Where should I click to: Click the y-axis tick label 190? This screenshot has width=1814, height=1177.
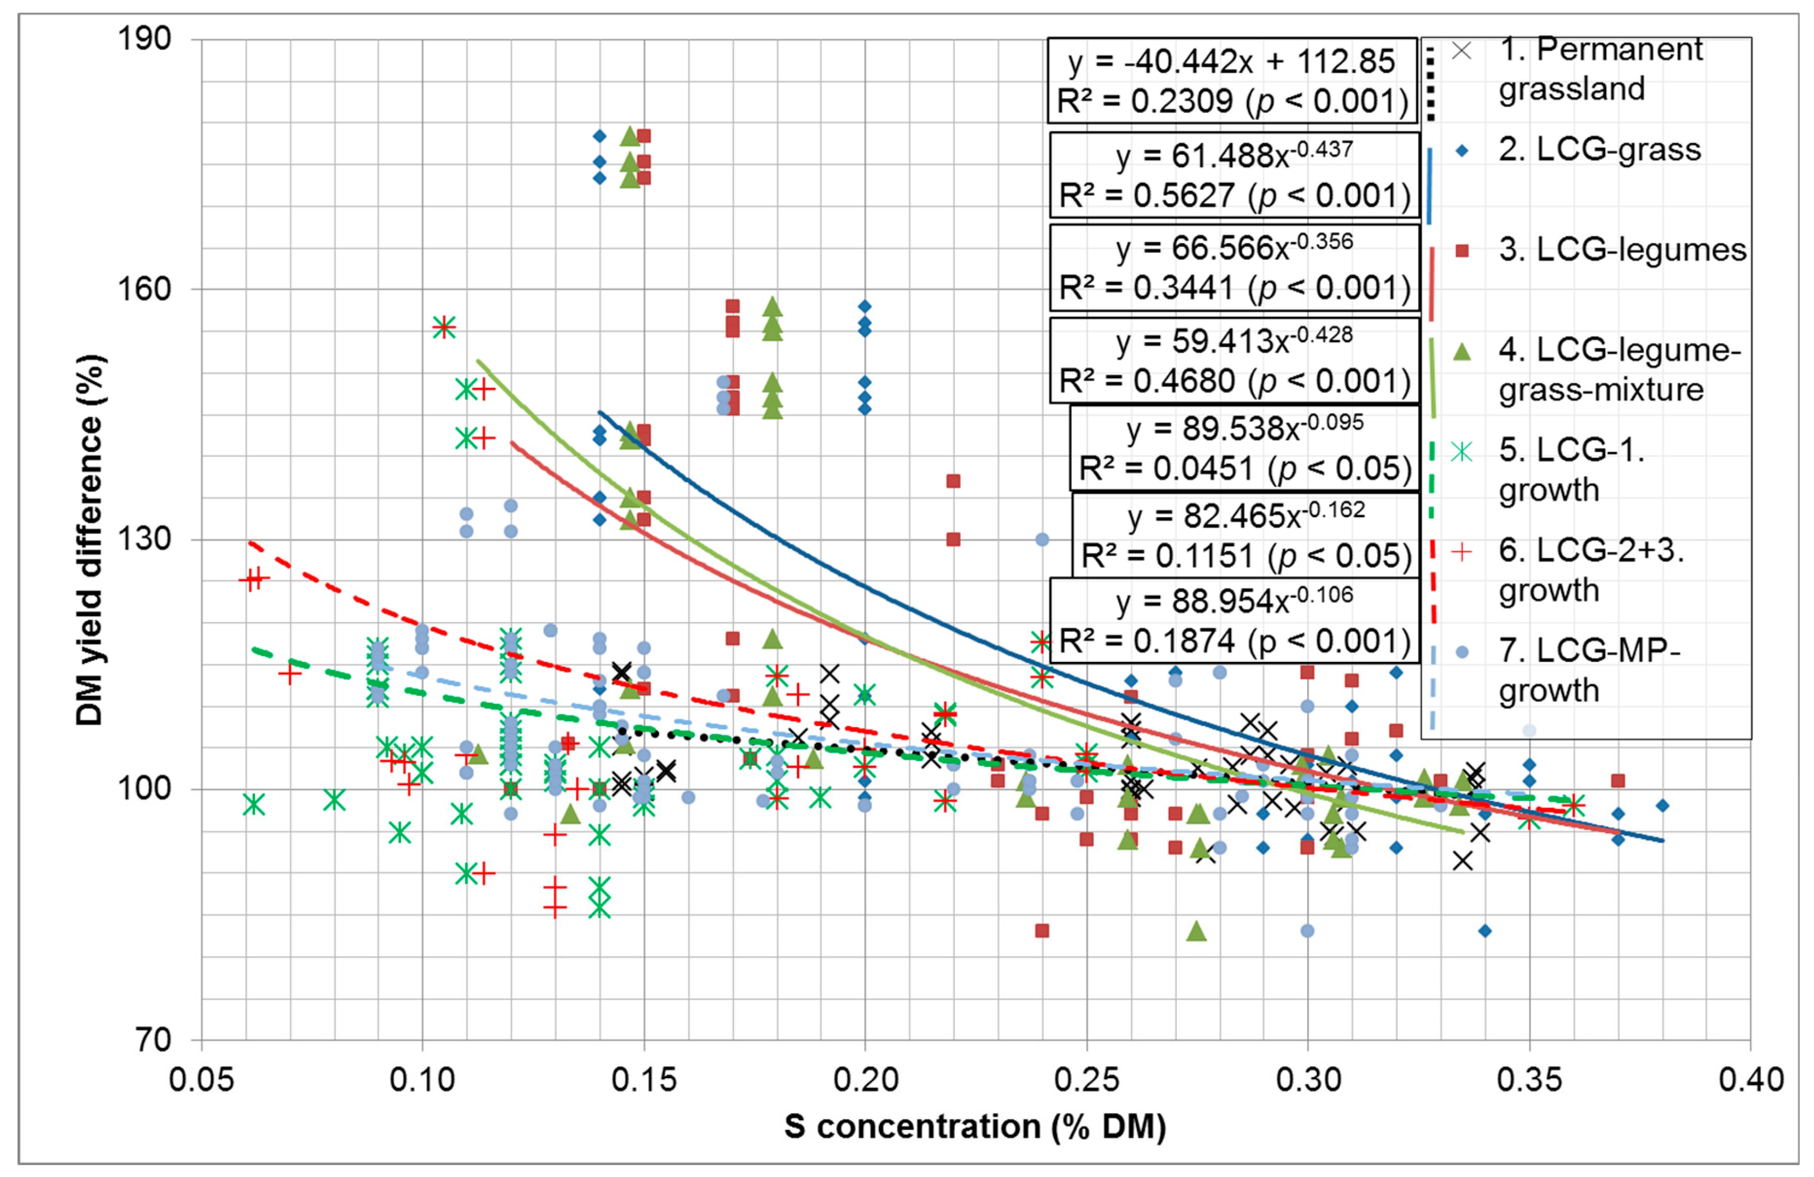[144, 38]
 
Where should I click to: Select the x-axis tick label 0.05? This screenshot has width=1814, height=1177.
[201, 1080]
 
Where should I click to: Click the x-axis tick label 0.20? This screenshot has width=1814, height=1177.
[865, 1080]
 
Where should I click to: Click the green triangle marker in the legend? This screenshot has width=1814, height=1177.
[1462, 351]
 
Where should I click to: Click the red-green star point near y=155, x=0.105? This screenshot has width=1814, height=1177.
[444, 327]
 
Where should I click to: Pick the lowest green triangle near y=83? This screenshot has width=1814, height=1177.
[1196, 931]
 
